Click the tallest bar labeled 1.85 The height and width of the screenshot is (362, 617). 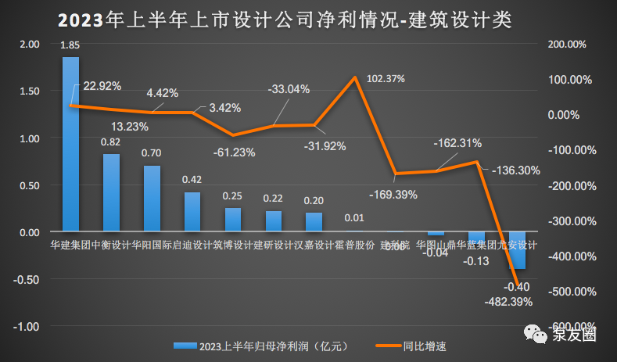pos(70,145)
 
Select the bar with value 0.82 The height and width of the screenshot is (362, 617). pos(111,193)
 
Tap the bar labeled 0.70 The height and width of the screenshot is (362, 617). pos(152,199)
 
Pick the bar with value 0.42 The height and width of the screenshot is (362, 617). pos(192,212)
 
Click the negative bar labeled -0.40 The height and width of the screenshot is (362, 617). pos(517,250)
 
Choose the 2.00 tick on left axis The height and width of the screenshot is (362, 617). pos(29,45)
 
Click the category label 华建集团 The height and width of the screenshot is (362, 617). pos(66,245)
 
